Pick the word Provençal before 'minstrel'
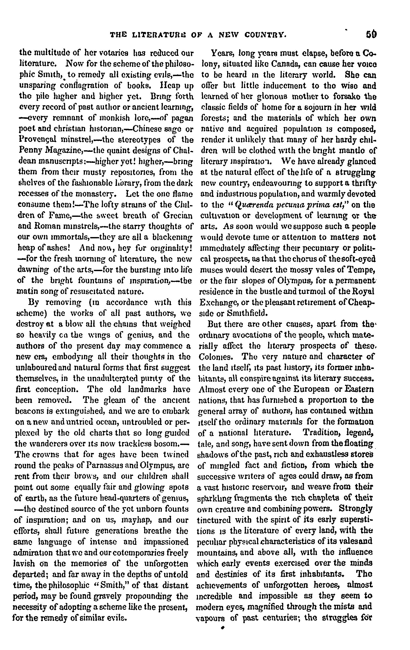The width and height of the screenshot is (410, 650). click(37, 140)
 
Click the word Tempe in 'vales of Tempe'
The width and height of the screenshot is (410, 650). click(362, 270)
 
